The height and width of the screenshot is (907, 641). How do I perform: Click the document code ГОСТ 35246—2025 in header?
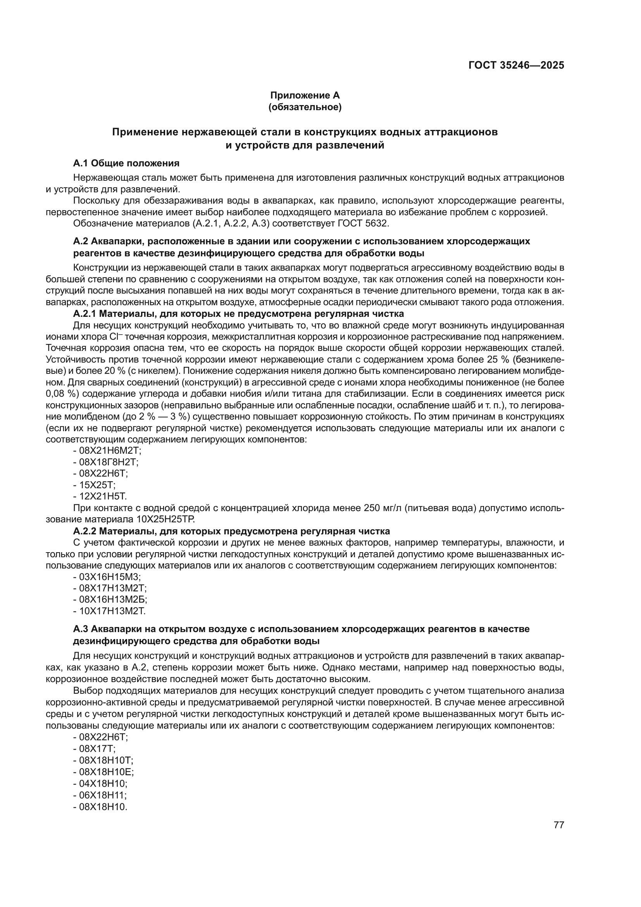pyautogui.click(x=516, y=65)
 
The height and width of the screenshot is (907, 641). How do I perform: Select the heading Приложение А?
pyautogui.click(x=305, y=95)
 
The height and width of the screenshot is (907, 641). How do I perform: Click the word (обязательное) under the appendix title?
pyautogui.click(x=305, y=107)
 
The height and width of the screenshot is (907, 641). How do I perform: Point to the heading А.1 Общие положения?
pyautogui.click(x=126, y=163)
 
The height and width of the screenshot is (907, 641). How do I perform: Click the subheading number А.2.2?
pyautogui.click(x=85, y=530)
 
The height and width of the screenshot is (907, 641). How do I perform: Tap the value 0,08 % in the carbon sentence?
pyautogui.click(x=60, y=394)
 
